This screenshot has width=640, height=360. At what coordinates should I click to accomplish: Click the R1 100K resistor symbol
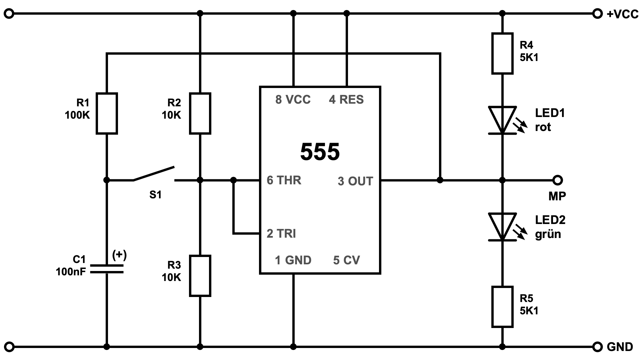pyautogui.click(x=107, y=113)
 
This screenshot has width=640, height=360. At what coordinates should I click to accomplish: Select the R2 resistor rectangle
pyautogui.click(x=200, y=113)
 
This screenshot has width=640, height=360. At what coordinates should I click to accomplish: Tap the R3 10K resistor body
pyautogui.click(x=200, y=276)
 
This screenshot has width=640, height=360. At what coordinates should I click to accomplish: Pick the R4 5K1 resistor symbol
pyautogui.click(x=502, y=53)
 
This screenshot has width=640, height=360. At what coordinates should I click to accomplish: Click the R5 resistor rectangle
pyautogui.click(x=502, y=306)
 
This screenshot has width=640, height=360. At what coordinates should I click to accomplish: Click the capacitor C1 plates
pyautogui.click(x=107, y=269)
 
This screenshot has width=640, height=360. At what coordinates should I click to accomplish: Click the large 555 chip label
pyautogui.click(x=320, y=152)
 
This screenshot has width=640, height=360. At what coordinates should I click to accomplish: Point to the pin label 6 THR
pyautogui.click(x=284, y=180)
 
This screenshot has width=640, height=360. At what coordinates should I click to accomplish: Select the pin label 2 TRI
pyautogui.click(x=281, y=234)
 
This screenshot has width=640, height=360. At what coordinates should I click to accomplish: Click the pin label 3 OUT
pyautogui.click(x=355, y=181)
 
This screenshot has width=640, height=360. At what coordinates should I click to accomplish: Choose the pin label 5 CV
pyautogui.click(x=346, y=260)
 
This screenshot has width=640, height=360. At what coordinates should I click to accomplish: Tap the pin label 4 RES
pyautogui.click(x=346, y=100)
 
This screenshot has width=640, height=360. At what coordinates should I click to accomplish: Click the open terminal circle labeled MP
pyautogui.click(x=557, y=180)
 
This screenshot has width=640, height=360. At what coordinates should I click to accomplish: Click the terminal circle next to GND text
pyautogui.click(x=598, y=347)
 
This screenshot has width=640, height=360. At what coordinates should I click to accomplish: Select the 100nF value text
pyautogui.click(x=71, y=272)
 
